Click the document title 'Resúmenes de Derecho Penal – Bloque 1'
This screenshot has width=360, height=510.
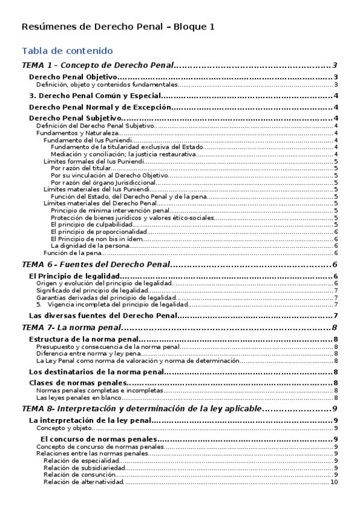pyautogui.click(x=118, y=26)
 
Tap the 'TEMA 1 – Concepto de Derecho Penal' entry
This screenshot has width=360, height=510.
pyautogui.click(x=98, y=66)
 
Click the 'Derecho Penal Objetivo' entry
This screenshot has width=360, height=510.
pyautogui.click(x=73, y=78)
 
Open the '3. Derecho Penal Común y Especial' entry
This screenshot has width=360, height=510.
pyautogui.click(x=95, y=96)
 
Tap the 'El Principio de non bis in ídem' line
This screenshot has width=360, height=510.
pyautogui.click(x=97, y=239)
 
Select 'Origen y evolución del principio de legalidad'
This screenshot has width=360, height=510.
pyautogui.click(x=104, y=283)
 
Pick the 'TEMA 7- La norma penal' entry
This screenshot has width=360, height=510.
pyautogui.click(x=71, y=328)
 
